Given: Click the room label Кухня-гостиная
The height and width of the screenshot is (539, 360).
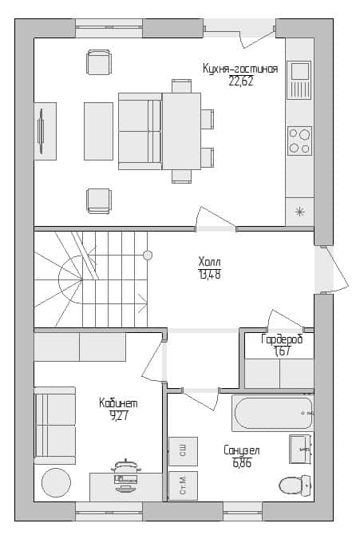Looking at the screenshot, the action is coord(240,69).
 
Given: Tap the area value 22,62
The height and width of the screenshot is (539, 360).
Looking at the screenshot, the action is coord(241,81).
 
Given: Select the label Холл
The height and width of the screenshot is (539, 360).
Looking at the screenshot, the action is coord(210,262).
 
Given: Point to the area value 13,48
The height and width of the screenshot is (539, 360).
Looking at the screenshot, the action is coord(210,275).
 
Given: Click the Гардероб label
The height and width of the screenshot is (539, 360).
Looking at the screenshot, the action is coord(282,339).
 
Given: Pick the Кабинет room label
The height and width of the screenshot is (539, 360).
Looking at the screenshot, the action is coord(118,403).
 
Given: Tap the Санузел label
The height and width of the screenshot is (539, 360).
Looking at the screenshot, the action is coord(242,450).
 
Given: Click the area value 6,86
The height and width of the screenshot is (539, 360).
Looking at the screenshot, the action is coord(242,463).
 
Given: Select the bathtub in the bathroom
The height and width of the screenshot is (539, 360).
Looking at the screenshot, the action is coord(273,413).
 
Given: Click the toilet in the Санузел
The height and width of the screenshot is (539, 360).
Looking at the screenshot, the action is coord(295,485).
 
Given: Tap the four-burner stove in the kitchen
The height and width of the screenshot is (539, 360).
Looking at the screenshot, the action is coord(300,141).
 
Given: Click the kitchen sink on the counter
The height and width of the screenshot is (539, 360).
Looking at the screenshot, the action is coord(299,80).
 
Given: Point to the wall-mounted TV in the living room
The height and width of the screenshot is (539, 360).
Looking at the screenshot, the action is coord(42,131).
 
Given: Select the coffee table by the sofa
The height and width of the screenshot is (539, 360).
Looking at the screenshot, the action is coord(99,131).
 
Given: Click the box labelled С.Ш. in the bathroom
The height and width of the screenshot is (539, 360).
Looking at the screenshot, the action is coord(183,451).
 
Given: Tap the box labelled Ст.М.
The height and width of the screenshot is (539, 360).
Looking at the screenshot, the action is coord(183,485).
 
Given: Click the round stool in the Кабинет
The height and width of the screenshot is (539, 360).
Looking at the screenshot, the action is coord(56,482).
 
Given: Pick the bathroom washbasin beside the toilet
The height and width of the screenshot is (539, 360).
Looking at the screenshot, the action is coord(300,449).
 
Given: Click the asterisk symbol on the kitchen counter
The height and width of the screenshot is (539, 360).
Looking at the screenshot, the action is coord(299,212).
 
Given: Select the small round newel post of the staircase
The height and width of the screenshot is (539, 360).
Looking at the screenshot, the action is coord(148,256).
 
